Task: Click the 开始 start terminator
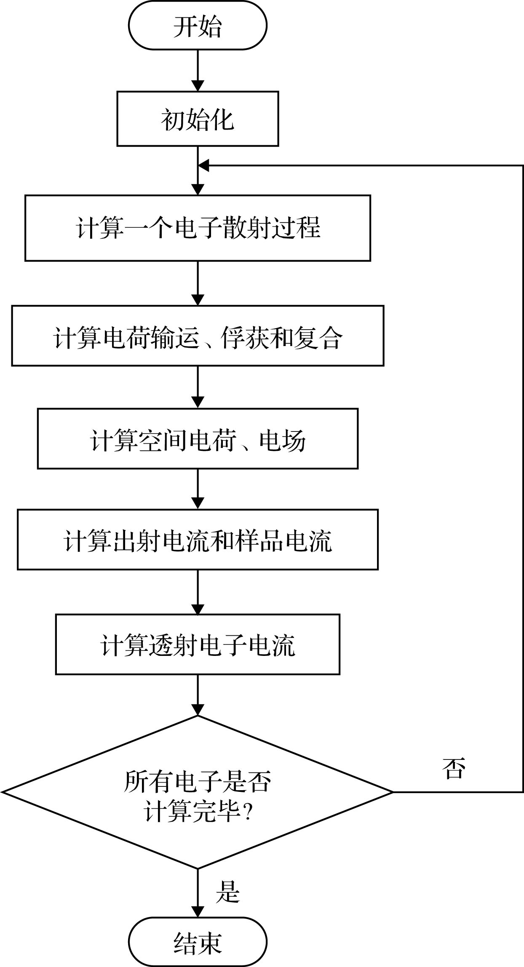(x=198, y=26)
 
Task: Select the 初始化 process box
(x=198, y=119)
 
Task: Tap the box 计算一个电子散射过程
(x=198, y=228)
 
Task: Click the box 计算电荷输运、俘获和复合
(x=198, y=336)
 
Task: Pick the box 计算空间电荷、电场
(x=198, y=438)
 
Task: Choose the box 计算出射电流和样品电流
(x=198, y=539)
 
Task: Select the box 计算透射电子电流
(x=198, y=644)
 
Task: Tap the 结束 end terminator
(x=198, y=942)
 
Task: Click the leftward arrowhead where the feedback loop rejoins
(x=204, y=165)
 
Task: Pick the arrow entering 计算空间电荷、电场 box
(x=198, y=387)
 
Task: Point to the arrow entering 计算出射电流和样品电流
(x=198, y=489)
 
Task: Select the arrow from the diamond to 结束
(x=198, y=892)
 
